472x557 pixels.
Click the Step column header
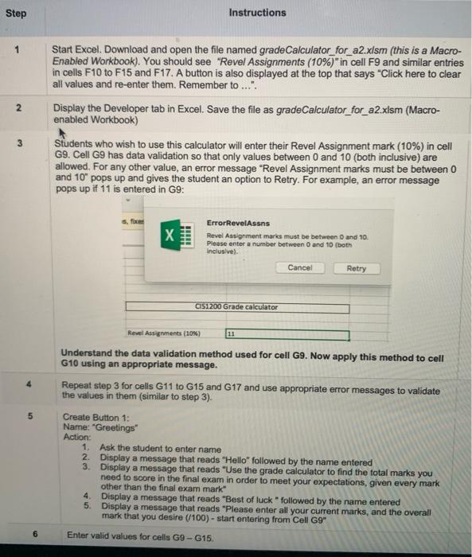click(x=17, y=12)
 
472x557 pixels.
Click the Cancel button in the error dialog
click(x=299, y=268)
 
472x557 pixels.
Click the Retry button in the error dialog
click(x=357, y=268)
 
